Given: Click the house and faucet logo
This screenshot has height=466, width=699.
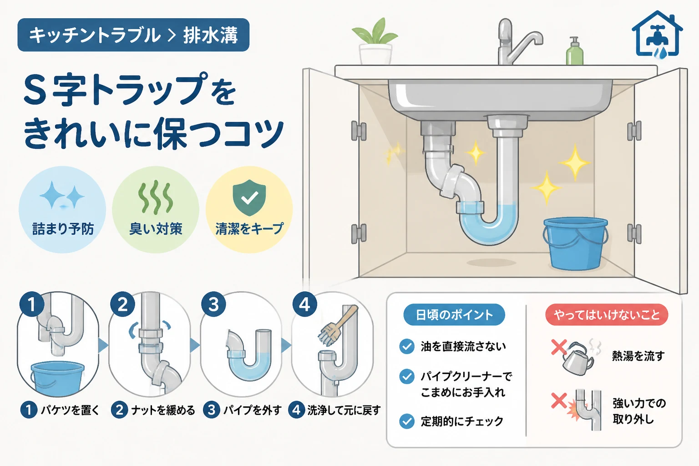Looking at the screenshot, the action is point(657,35).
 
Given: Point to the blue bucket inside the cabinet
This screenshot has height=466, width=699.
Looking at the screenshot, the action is point(575,243).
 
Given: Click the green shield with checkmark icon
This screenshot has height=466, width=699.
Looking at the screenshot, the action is point(249,198).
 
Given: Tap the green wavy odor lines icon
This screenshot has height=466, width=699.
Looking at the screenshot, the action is point(155,197).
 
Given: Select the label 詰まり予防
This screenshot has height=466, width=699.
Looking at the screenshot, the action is point(63,229).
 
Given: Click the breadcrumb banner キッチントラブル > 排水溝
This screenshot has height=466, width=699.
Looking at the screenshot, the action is point(133,35).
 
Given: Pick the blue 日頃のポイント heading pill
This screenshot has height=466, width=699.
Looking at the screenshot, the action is point(454,314).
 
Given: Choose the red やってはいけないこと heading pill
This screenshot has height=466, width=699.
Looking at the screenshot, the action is point(607,314).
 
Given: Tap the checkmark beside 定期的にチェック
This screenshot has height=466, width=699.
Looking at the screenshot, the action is point(407,421).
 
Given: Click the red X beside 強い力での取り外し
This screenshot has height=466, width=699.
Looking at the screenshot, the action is point(559,401).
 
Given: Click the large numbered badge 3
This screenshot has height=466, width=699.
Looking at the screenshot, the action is point(214,304).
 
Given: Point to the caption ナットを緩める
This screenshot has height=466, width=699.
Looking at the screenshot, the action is point(163,410).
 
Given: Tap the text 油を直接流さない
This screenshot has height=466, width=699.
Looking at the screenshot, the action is point(463,346).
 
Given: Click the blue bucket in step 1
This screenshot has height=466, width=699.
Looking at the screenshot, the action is point(57,378).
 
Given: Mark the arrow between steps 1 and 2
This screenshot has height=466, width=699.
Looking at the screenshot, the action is point(103,345).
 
